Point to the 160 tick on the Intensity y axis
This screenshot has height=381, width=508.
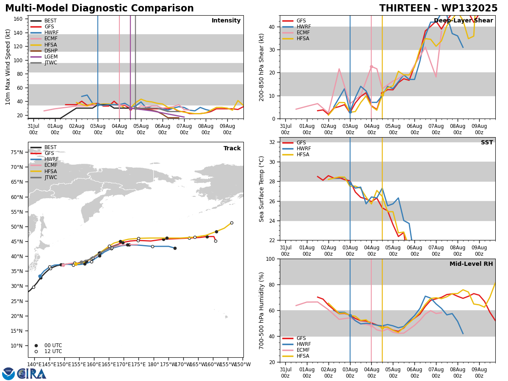tap(18, 19)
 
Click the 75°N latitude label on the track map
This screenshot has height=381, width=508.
tap(17, 152)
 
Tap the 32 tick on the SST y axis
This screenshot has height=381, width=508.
tap(272, 142)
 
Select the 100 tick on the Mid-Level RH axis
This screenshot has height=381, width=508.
tap(271, 259)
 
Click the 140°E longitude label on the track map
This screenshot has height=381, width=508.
tap(34, 364)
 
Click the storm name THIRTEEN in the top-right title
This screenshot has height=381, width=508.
tap(405, 8)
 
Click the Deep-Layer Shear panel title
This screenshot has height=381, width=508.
tap(463, 21)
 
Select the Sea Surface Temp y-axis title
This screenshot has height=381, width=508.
tap(261, 189)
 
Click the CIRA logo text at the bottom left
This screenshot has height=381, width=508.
tap(31, 374)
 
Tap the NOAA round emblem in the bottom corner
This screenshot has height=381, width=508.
tap(8, 374)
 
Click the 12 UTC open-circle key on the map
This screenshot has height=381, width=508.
tap(36, 352)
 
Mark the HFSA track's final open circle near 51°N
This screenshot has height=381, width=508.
tap(232, 223)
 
